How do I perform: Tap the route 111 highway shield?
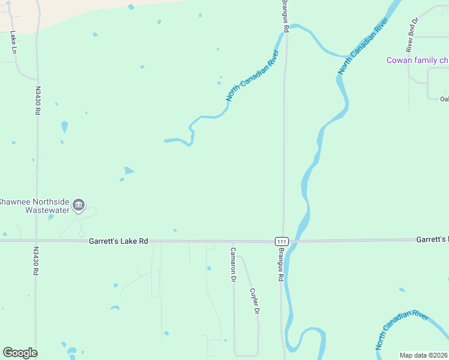coord(282,241)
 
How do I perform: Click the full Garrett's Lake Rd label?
coord(118,241)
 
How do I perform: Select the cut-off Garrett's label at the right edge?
coord(432,239)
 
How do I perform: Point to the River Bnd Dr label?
coord(412,35)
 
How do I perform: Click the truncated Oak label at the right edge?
coord(444,99)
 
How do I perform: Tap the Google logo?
coord(20,353)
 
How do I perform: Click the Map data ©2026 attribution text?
coord(424,355)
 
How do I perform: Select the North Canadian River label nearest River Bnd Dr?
coord(364,45)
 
